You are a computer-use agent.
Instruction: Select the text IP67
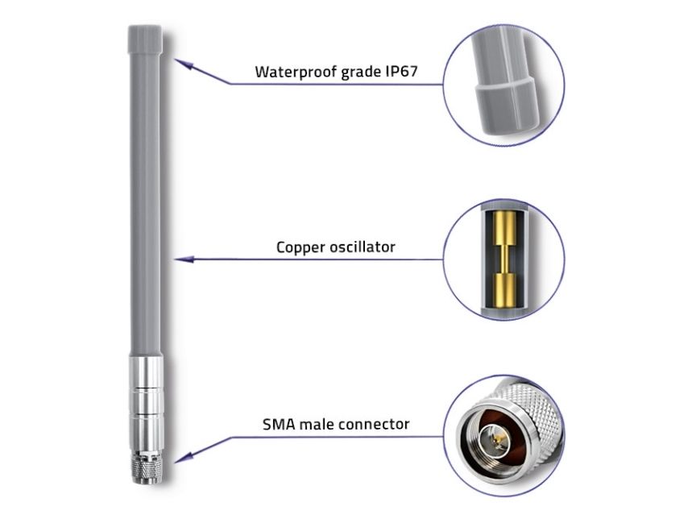401,71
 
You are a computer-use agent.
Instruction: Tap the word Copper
300,247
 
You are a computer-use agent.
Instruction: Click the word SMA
279,425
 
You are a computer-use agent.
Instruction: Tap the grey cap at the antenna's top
145,39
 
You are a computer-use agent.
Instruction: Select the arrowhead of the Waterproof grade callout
184,64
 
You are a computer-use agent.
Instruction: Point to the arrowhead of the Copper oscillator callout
184,259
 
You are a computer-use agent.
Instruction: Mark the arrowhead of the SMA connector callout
184,457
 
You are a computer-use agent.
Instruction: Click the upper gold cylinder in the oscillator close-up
503,229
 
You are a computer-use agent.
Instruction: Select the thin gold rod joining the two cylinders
503,259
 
